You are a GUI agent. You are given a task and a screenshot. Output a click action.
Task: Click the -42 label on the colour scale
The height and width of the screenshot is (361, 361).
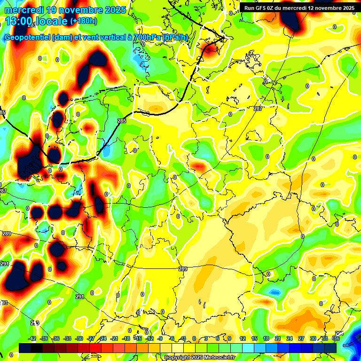(x=32, y=338)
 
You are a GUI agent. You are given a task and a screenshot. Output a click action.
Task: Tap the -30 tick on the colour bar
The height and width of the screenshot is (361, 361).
(x=79, y=338)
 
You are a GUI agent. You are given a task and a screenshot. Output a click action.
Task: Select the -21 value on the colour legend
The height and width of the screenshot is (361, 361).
(x=115, y=338)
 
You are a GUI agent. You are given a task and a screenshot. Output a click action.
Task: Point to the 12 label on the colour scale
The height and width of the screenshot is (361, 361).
(x=242, y=338)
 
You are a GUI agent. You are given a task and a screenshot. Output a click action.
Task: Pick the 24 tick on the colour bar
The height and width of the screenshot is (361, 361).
(x=289, y=338)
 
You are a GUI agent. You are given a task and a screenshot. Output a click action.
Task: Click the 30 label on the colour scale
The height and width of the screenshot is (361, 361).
(x=313, y=338)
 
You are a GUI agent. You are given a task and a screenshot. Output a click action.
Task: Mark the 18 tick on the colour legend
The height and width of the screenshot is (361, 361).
(x=266, y=338)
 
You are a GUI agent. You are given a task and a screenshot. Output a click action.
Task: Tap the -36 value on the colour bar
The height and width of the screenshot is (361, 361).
(x=56, y=338)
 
